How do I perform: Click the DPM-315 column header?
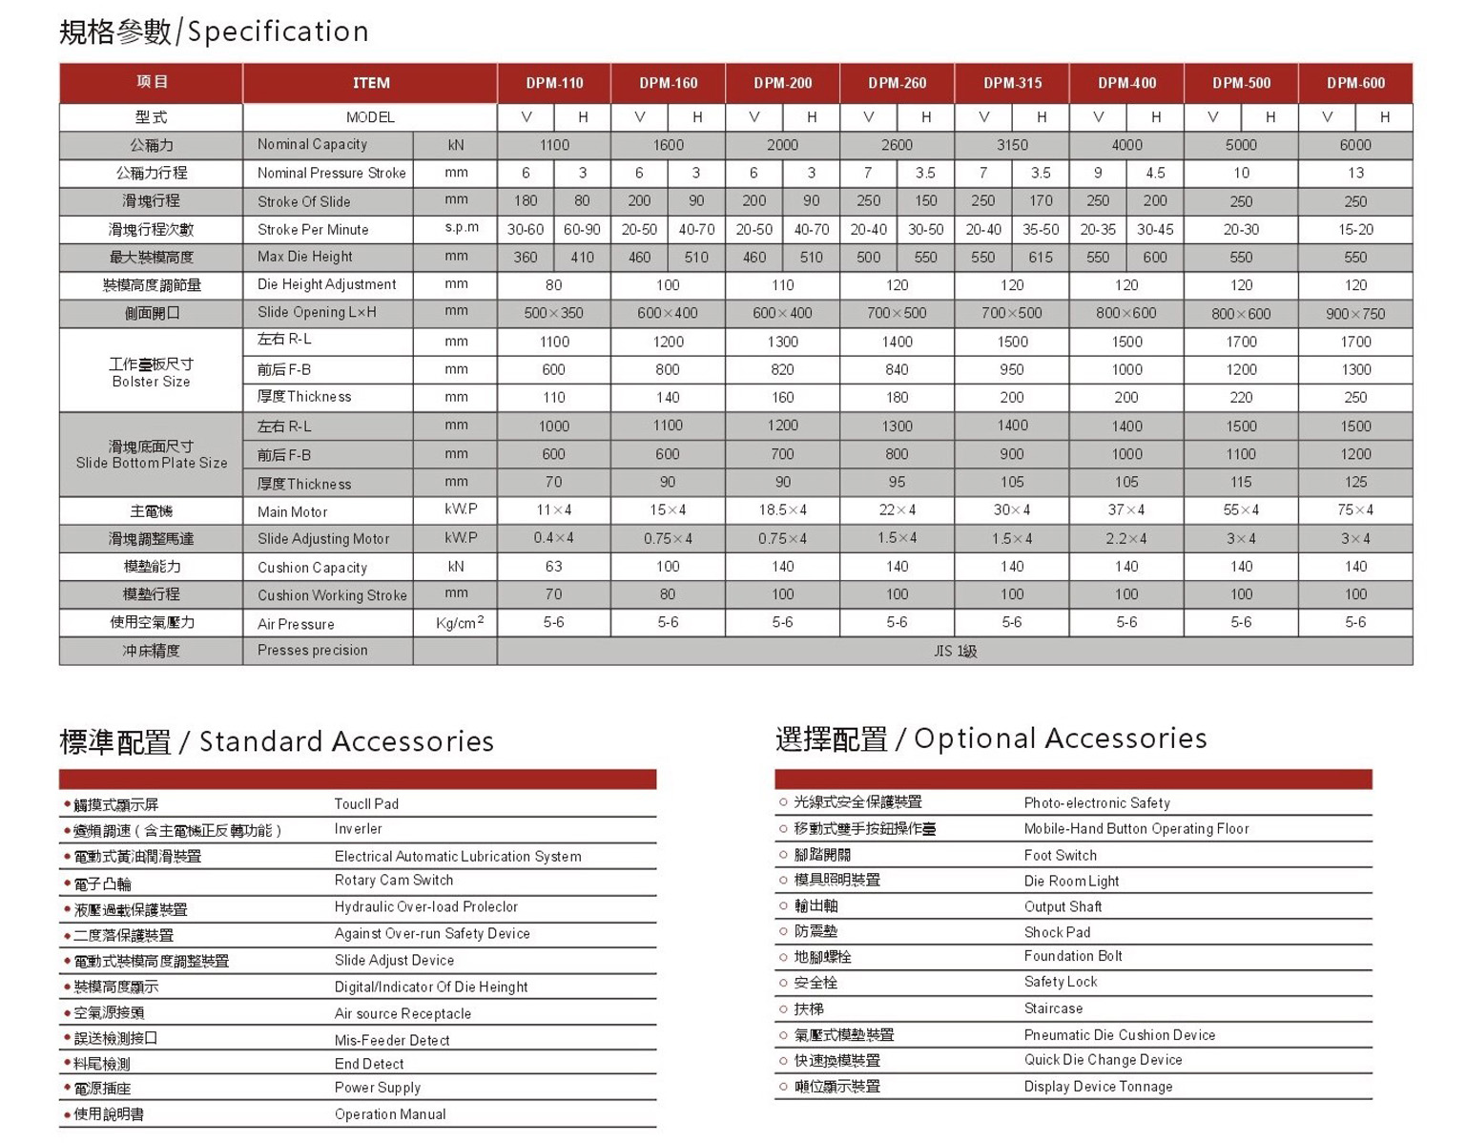[1012, 83]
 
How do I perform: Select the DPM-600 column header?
[1355, 83]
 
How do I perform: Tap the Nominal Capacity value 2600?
[897, 145]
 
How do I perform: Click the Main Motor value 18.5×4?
[782, 510]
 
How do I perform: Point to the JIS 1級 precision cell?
[955, 651]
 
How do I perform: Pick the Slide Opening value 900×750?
[1355, 313]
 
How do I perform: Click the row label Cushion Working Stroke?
[332, 595]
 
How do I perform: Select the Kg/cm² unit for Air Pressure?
[459, 623]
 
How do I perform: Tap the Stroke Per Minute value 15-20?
[1355, 230]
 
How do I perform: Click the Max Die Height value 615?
[1041, 258]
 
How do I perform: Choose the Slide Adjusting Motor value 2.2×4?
[1126, 539]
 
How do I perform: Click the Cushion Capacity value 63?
[553, 567]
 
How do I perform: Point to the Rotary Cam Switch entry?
[394, 881]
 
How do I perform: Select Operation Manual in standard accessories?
[390, 1114]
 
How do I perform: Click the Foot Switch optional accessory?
[1061, 856]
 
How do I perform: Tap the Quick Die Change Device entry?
[1103, 1060]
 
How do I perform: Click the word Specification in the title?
[278, 31]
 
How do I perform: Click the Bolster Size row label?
[151, 373]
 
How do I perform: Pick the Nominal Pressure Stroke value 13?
[1355, 174]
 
